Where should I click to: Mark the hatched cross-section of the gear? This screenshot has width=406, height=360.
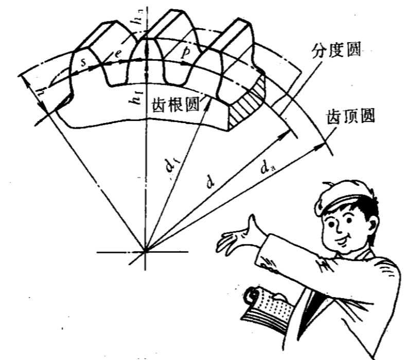pos(246,106)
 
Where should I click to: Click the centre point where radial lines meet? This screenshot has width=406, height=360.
pos(146,251)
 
